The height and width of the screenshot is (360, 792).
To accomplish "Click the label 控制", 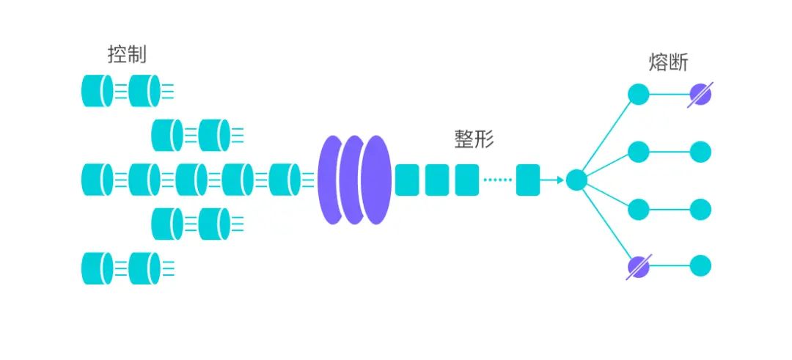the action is [128, 54].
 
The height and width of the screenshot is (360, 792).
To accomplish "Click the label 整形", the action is [474, 139].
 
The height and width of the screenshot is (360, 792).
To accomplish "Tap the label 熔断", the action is [668, 62].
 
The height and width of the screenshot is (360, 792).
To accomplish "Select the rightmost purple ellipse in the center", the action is [377, 180].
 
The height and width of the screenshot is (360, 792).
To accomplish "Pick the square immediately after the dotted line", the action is [528, 180].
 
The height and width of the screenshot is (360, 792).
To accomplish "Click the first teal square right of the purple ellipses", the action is [406, 180].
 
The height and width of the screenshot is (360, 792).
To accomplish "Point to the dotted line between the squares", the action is [497, 180].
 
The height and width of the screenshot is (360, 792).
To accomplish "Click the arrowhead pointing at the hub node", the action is [560, 180].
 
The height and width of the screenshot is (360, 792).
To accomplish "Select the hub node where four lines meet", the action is [576, 180].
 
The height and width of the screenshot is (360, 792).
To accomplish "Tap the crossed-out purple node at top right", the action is [700, 95].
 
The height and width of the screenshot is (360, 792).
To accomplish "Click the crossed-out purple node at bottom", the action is [639, 266].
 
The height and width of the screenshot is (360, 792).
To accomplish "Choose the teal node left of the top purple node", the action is [639, 95].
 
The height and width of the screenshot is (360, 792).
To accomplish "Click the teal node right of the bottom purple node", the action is [700, 266].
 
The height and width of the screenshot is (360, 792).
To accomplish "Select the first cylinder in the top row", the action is [98, 91].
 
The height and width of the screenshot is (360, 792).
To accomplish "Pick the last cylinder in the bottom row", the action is [144, 268].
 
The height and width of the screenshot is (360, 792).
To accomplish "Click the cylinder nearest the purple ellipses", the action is [285, 180].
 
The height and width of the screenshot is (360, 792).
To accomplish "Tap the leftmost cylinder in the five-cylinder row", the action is [98, 180].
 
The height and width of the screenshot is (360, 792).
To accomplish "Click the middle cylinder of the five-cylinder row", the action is [191, 180].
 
